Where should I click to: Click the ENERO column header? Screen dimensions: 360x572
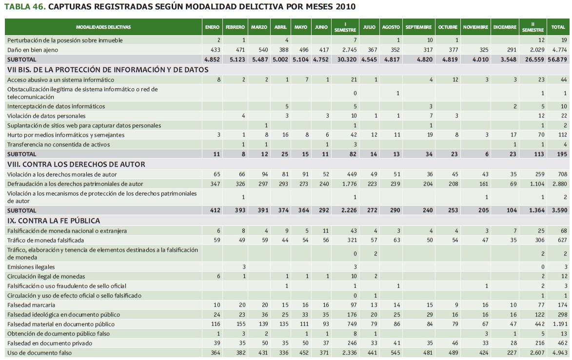pos(212,27)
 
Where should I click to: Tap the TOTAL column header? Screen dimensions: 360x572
pos(558,27)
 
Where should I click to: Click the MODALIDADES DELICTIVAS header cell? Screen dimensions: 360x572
pos(103,27)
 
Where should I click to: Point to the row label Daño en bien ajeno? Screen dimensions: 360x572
pos(33,50)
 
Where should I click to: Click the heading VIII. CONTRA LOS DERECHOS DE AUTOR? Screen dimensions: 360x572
pos(76,164)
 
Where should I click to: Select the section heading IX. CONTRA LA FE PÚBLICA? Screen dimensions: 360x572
pos(54,220)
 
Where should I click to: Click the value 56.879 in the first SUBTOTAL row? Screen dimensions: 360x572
pos(557,59)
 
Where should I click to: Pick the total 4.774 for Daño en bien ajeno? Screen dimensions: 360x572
pos(560,50)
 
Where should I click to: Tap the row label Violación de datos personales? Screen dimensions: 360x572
pos(46,116)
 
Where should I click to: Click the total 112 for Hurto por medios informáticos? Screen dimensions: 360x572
pos(562,135)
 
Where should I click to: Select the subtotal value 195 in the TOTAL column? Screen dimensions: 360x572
pos(562,154)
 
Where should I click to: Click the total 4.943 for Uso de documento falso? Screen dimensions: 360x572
pos(560,352)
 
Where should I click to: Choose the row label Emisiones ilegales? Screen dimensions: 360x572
pos(31,267)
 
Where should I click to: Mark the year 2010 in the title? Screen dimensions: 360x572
pos(344,7)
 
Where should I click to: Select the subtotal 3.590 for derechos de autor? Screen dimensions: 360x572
pos(559,210)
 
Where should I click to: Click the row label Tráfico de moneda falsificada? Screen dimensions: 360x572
pos(45,240)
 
